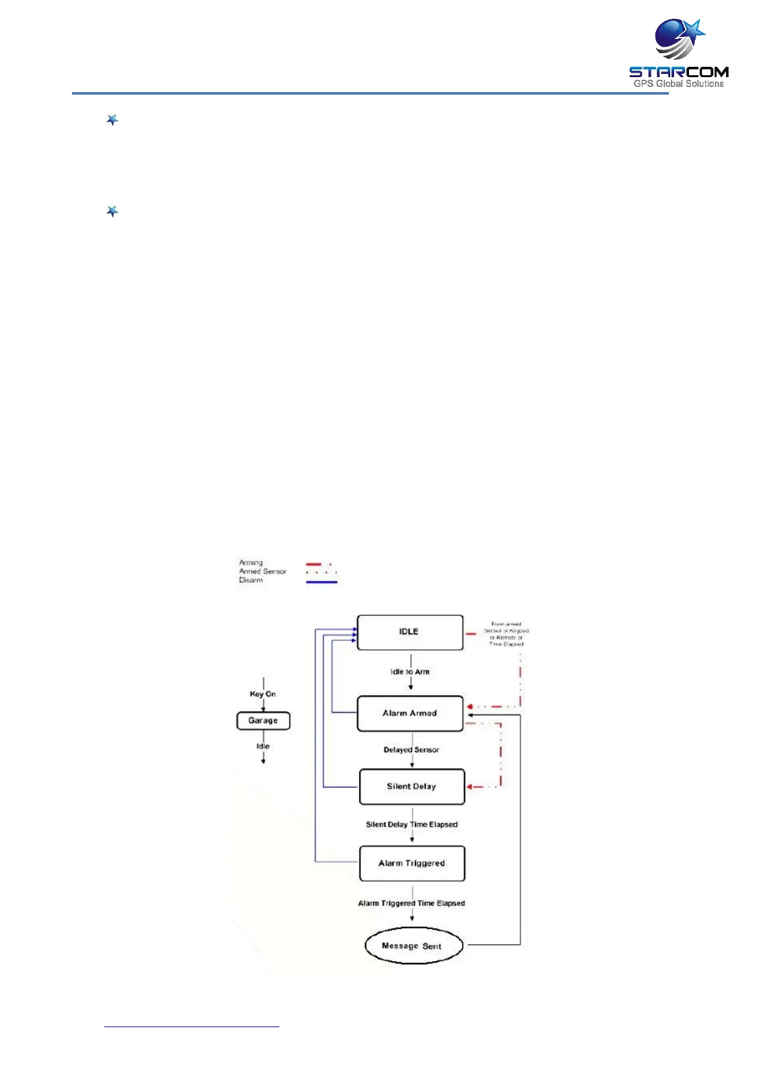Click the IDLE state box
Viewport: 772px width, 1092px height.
410,632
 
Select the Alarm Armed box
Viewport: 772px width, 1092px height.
410,713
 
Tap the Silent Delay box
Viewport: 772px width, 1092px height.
412,787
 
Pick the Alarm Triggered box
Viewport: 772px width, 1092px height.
412,863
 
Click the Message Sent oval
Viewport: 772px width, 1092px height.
413,946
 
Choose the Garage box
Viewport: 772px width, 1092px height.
263,720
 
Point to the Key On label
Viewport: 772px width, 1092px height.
263,694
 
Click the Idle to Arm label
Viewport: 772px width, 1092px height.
410,672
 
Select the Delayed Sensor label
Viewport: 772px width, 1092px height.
411,750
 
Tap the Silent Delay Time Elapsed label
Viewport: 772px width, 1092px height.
412,824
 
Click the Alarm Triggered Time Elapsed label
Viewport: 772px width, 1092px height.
412,903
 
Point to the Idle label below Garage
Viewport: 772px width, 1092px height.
263,746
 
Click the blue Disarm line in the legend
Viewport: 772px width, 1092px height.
322,582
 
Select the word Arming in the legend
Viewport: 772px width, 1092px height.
251,562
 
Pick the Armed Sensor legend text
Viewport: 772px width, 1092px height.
263,571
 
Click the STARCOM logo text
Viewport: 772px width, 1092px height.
679,72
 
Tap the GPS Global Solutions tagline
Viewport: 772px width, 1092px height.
679,84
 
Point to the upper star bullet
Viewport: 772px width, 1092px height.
112,120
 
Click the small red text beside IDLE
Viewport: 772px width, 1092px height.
506,634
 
